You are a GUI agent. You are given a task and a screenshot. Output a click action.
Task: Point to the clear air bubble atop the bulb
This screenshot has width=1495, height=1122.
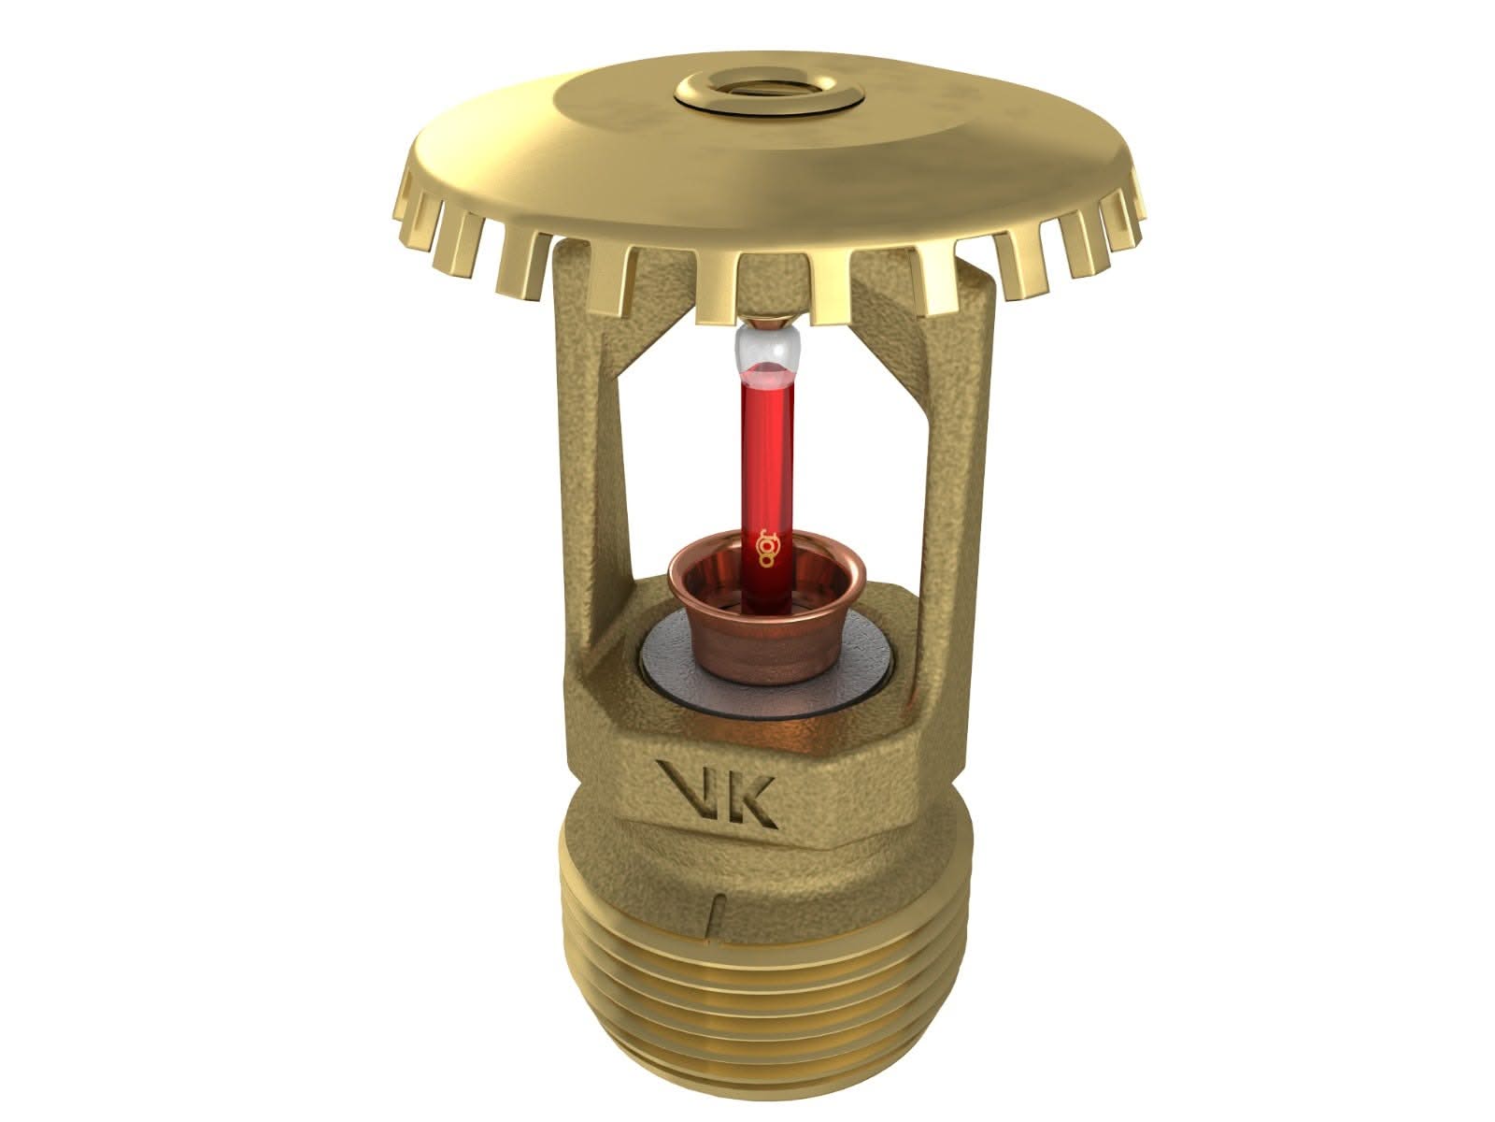pos(768,354)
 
